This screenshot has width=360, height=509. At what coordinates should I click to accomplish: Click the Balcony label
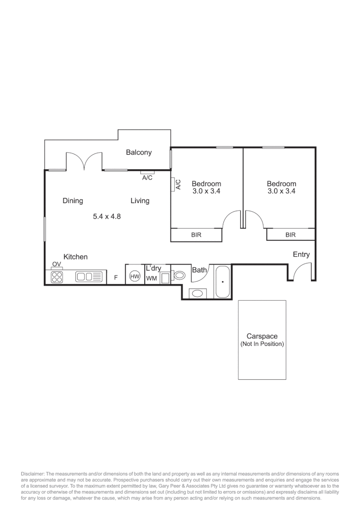coord(139,152)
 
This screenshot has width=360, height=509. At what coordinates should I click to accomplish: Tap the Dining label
coord(73,201)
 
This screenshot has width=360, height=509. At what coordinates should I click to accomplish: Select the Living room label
coord(140,201)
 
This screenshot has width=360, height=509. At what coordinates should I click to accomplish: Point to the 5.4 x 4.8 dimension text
coord(107,216)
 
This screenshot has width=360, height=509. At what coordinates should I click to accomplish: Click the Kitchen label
coord(75,257)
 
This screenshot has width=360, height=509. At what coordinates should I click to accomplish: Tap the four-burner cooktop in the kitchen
coord(57,277)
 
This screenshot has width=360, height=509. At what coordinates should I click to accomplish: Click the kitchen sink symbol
coord(84,277)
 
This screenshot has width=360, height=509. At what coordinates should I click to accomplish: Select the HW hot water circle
coord(135,277)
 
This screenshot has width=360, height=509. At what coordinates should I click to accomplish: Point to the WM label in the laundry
coord(151,278)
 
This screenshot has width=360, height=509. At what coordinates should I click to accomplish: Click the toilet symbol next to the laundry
coord(180,276)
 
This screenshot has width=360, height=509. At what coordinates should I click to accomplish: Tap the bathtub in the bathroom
coord(222,281)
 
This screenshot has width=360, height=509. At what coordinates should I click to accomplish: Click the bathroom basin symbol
coord(197,294)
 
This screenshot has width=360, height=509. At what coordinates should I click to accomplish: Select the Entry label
coord(301,254)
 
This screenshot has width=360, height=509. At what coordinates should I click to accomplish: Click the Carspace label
coord(262,337)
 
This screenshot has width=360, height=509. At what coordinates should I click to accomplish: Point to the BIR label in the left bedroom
coord(196,235)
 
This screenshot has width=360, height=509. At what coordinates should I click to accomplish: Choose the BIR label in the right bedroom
coord(290,235)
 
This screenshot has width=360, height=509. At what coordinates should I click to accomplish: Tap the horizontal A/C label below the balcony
coord(147,178)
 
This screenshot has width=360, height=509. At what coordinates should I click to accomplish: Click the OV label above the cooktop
coord(57,264)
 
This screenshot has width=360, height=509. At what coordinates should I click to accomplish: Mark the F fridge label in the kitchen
coord(115,278)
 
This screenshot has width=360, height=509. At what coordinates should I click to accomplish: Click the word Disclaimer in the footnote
coord(32,473)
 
